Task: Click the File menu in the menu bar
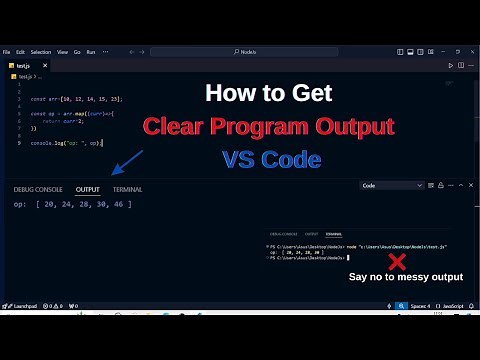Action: tap(6, 51)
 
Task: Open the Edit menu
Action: tap(20, 51)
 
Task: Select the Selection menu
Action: tap(41, 51)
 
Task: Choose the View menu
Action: tap(62, 51)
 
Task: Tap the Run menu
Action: tap(91, 51)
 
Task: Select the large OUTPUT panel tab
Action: tap(88, 189)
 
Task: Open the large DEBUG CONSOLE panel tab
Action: tap(38, 189)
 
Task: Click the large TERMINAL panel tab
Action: tap(127, 189)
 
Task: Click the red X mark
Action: tap(397, 262)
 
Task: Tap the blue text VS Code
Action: tap(267, 158)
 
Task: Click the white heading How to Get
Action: tap(268, 94)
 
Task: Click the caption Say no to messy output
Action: tap(405, 277)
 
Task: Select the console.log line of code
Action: tap(66, 143)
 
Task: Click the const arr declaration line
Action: tap(76, 99)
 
